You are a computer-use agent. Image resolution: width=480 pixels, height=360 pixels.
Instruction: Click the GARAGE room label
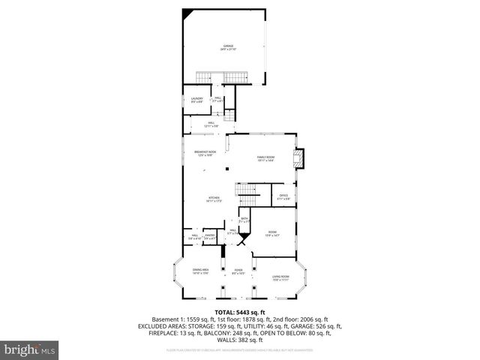[227, 47]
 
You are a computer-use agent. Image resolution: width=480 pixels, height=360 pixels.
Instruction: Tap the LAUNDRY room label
[196, 100]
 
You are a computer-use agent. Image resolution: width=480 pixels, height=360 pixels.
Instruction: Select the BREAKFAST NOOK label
[205, 153]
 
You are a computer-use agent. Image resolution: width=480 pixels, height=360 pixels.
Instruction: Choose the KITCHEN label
[214, 199]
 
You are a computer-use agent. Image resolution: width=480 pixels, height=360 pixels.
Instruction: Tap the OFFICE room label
[283, 196]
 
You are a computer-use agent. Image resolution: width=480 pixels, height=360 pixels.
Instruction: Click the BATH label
[244, 220]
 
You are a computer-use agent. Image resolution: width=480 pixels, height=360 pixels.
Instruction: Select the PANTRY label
[210, 236]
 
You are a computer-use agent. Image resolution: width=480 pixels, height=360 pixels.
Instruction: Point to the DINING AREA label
[200, 271]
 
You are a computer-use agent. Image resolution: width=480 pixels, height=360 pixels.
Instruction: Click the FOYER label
[238, 271]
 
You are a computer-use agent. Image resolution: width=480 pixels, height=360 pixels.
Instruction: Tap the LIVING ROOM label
[280, 279]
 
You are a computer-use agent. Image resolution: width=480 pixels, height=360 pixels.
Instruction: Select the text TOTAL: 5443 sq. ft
[239, 312]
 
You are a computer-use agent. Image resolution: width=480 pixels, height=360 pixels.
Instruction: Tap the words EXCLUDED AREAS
[162, 326]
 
